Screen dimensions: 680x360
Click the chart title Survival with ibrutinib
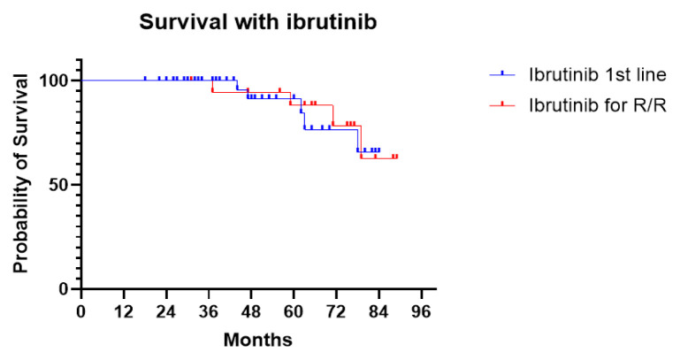pos(257,22)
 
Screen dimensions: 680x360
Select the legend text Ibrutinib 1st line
pos(598,74)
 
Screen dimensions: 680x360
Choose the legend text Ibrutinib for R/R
pos(598,105)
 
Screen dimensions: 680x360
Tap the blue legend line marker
pos(502,74)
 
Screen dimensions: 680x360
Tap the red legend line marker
pos(502,104)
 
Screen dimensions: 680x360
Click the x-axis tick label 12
pos(124,311)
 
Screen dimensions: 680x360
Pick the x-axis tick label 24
pos(166,311)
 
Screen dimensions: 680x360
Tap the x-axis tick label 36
pos(209,311)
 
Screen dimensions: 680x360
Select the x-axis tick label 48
pos(251,311)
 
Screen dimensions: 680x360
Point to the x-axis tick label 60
pos(294,311)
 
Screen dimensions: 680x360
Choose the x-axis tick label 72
pos(336,311)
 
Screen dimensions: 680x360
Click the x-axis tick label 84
pos(378,311)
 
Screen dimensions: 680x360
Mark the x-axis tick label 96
pos(421,311)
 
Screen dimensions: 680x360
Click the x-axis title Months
pos(258,340)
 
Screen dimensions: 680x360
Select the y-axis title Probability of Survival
pos(20,173)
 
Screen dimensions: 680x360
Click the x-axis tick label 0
pos(81,311)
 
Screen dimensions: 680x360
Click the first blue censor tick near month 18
pos(145,78)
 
